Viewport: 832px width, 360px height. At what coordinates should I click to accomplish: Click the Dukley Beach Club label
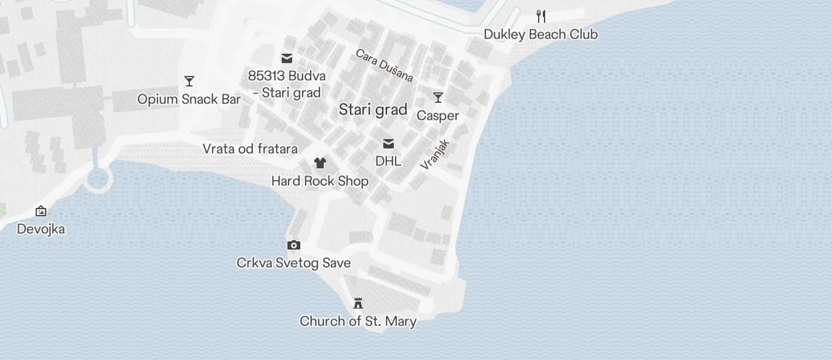click(x=540, y=34)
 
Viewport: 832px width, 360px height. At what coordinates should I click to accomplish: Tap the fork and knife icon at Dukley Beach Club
click(x=541, y=16)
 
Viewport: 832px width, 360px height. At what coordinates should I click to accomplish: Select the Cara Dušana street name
click(x=384, y=65)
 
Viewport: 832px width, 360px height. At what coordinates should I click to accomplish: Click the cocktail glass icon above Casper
click(x=438, y=98)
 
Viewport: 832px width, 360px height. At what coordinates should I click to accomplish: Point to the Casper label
click(x=438, y=116)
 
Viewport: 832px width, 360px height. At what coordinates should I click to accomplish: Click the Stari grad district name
click(x=373, y=110)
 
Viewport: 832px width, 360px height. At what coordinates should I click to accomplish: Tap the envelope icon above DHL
click(x=389, y=144)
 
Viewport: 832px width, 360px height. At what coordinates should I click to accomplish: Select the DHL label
click(x=389, y=161)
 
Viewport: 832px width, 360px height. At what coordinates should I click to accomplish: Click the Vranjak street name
click(x=435, y=154)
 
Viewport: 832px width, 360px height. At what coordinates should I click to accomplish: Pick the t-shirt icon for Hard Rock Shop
click(x=320, y=163)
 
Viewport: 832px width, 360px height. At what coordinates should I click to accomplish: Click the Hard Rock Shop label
click(x=320, y=181)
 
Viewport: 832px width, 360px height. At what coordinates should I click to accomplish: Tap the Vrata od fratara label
click(x=250, y=149)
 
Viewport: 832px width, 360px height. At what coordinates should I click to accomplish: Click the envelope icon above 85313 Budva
click(x=287, y=58)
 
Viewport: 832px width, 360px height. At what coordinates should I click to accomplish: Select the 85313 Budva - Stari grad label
click(x=287, y=84)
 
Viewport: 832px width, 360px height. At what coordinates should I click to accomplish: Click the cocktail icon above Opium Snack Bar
click(x=189, y=81)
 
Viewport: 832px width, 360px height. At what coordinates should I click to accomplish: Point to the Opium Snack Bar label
click(x=189, y=99)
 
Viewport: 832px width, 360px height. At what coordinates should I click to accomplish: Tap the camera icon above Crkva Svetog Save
click(x=294, y=245)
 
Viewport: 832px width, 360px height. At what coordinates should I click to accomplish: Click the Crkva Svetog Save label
click(x=294, y=263)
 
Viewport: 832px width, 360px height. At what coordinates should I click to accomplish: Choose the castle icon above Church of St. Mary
click(x=358, y=303)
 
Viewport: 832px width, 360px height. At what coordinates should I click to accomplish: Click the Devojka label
click(x=41, y=229)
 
